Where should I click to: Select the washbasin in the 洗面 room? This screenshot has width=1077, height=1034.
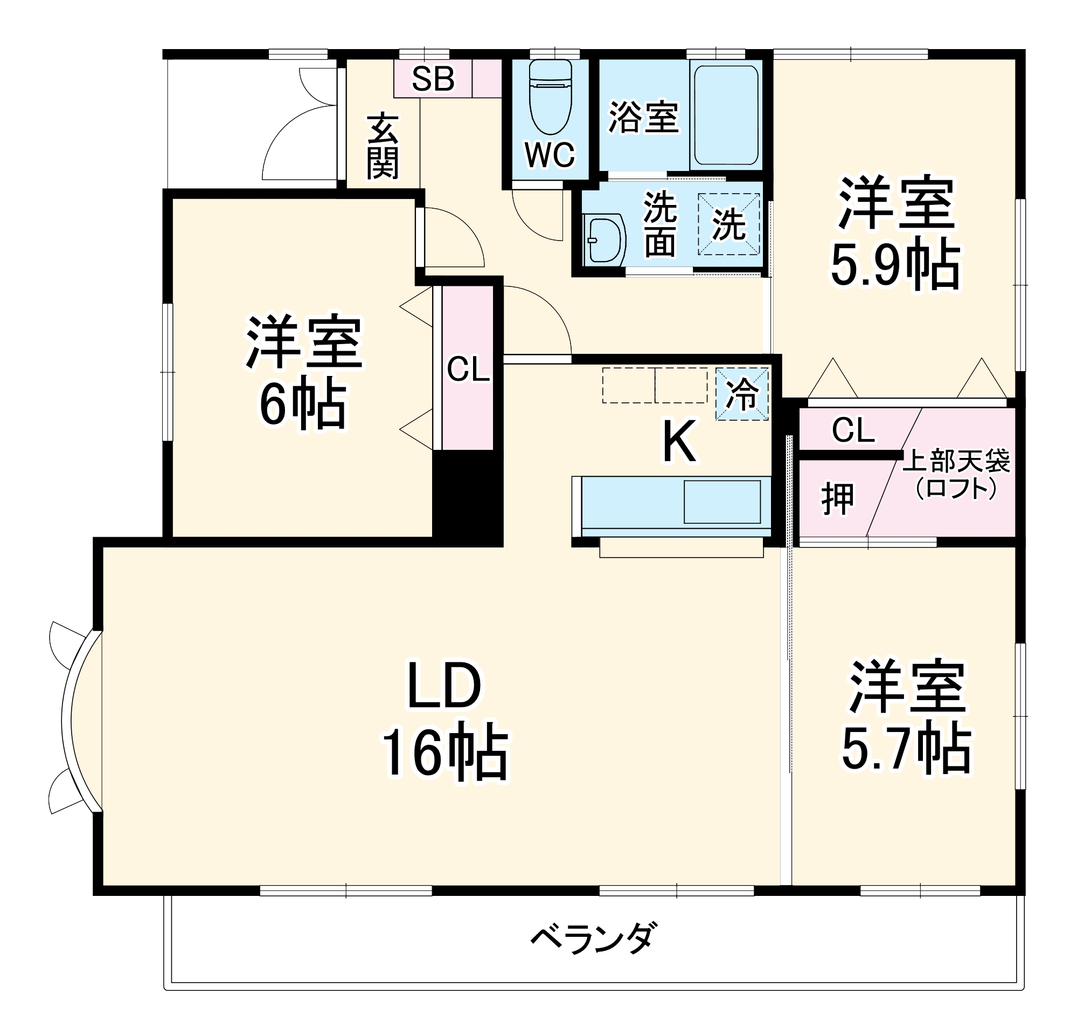[x=605, y=241]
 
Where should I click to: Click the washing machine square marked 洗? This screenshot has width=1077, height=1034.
[x=728, y=224]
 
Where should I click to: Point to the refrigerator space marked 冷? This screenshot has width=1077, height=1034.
[x=742, y=394]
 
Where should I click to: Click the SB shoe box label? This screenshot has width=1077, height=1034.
[x=433, y=79]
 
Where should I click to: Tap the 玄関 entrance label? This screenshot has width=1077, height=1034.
[x=383, y=147]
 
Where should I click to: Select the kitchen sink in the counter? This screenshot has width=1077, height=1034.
[x=722, y=502]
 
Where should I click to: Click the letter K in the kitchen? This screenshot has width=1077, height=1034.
[x=679, y=442]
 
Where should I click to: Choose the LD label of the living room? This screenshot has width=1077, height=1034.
[x=443, y=686]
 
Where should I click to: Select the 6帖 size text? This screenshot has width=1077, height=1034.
[x=303, y=406]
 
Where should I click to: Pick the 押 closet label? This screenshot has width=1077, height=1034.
[x=837, y=499]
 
